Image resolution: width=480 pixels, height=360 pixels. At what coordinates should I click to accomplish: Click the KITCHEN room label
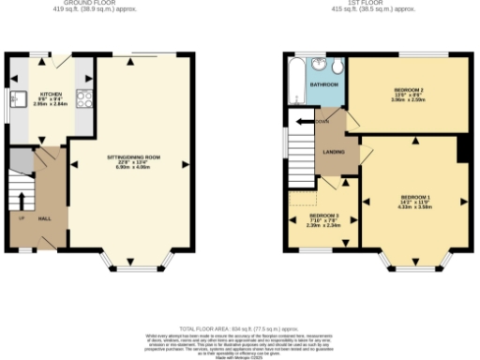coord(51,94)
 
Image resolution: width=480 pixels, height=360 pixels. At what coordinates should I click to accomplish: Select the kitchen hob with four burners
coord(82,97)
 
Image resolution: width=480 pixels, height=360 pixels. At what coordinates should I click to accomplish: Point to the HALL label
coord(44,217)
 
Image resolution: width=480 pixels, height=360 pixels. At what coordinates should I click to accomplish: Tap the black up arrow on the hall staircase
coord(22,201)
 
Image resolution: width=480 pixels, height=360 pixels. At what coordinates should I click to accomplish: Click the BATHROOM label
coord(324,84)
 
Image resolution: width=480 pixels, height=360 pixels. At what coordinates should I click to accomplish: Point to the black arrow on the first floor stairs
coord(302,121)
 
